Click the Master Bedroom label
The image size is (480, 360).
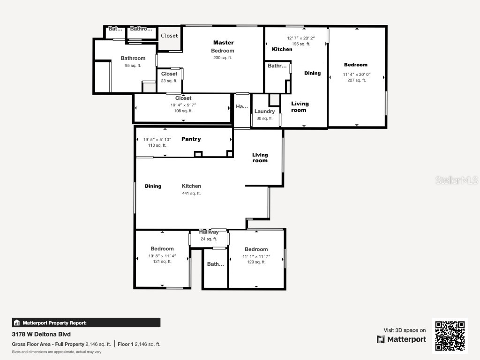(223, 46)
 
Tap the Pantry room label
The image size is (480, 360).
(191, 139)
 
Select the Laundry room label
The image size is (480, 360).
(265, 112)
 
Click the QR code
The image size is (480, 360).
(450, 336)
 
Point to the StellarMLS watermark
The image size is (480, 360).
(457, 180)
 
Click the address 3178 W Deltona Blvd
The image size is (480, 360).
(41, 335)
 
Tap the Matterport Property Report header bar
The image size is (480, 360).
(86, 322)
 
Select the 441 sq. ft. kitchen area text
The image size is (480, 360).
(191, 193)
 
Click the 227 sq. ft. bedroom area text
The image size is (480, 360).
(356, 80)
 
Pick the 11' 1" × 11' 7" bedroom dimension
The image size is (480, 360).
(256, 256)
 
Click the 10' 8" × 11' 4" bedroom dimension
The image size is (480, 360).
(162, 256)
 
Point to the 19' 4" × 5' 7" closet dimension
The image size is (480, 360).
(183, 105)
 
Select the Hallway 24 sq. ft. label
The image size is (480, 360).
(209, 235)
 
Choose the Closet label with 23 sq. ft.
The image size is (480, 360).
(169, 77)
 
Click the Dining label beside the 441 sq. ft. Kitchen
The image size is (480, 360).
(153, 187)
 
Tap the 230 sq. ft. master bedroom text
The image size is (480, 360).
(223, 58)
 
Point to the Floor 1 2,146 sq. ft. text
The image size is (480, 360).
(139, 344)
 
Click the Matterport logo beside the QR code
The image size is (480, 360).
(401, 339)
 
